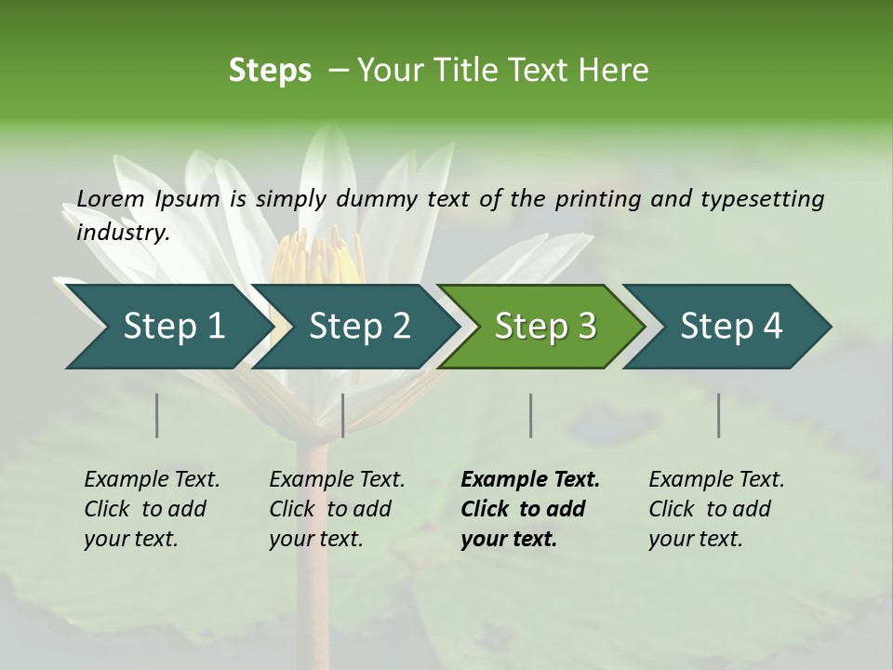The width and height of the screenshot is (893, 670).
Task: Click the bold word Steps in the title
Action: [270, 71]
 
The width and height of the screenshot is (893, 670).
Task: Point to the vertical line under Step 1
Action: [157, 415]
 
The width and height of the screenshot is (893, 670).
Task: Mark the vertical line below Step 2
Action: [343, 415]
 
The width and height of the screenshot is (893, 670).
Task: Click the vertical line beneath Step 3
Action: [531, 415]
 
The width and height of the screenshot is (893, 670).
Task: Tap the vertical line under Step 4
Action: [719, 415]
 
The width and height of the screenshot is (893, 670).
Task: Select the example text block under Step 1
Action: [152, 509]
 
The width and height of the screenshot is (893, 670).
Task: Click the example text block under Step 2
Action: [337, 509]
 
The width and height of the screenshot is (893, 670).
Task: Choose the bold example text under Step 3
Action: [529, 509]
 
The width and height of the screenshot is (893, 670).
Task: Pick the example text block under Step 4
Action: [716, 509]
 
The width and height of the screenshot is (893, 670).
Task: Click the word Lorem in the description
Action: [110, 198]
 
